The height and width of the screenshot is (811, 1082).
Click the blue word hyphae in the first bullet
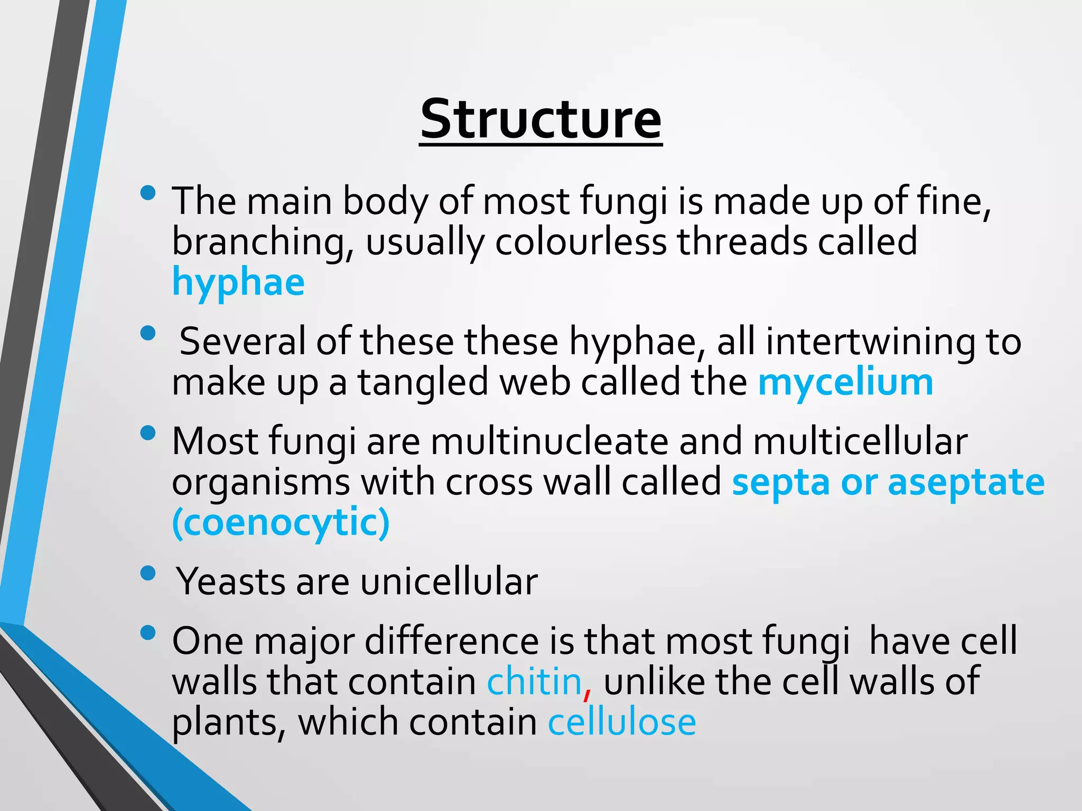(x=238, y=282)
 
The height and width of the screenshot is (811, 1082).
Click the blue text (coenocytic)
(x=281, y=522)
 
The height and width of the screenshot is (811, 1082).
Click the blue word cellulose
(x=622, y=722)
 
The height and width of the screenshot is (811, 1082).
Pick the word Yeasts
(x=230, y=581)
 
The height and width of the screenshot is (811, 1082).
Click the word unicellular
(x=449, y=581)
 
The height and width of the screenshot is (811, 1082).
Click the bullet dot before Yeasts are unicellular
(x=148, y=573)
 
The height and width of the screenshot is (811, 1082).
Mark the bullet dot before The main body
(x=148, y=193)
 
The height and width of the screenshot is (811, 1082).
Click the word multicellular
(x=860, y=441)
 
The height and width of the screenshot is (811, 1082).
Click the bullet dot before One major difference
(x=148, y=632)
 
